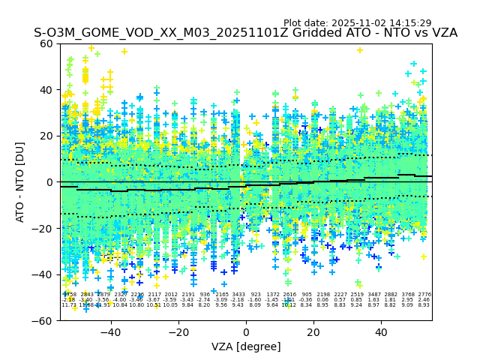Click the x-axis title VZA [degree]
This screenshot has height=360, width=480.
(246, 346)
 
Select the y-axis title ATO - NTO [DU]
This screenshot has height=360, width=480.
(21, 182)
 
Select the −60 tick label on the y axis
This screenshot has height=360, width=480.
(45, 320)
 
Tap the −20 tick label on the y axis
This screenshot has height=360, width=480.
(45, 228)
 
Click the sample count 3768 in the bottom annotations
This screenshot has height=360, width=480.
(407, 295)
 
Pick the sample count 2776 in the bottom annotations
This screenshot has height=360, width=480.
(424, 295)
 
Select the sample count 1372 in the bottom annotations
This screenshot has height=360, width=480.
(272, 295)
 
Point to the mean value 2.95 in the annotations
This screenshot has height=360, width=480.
(407, 300)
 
